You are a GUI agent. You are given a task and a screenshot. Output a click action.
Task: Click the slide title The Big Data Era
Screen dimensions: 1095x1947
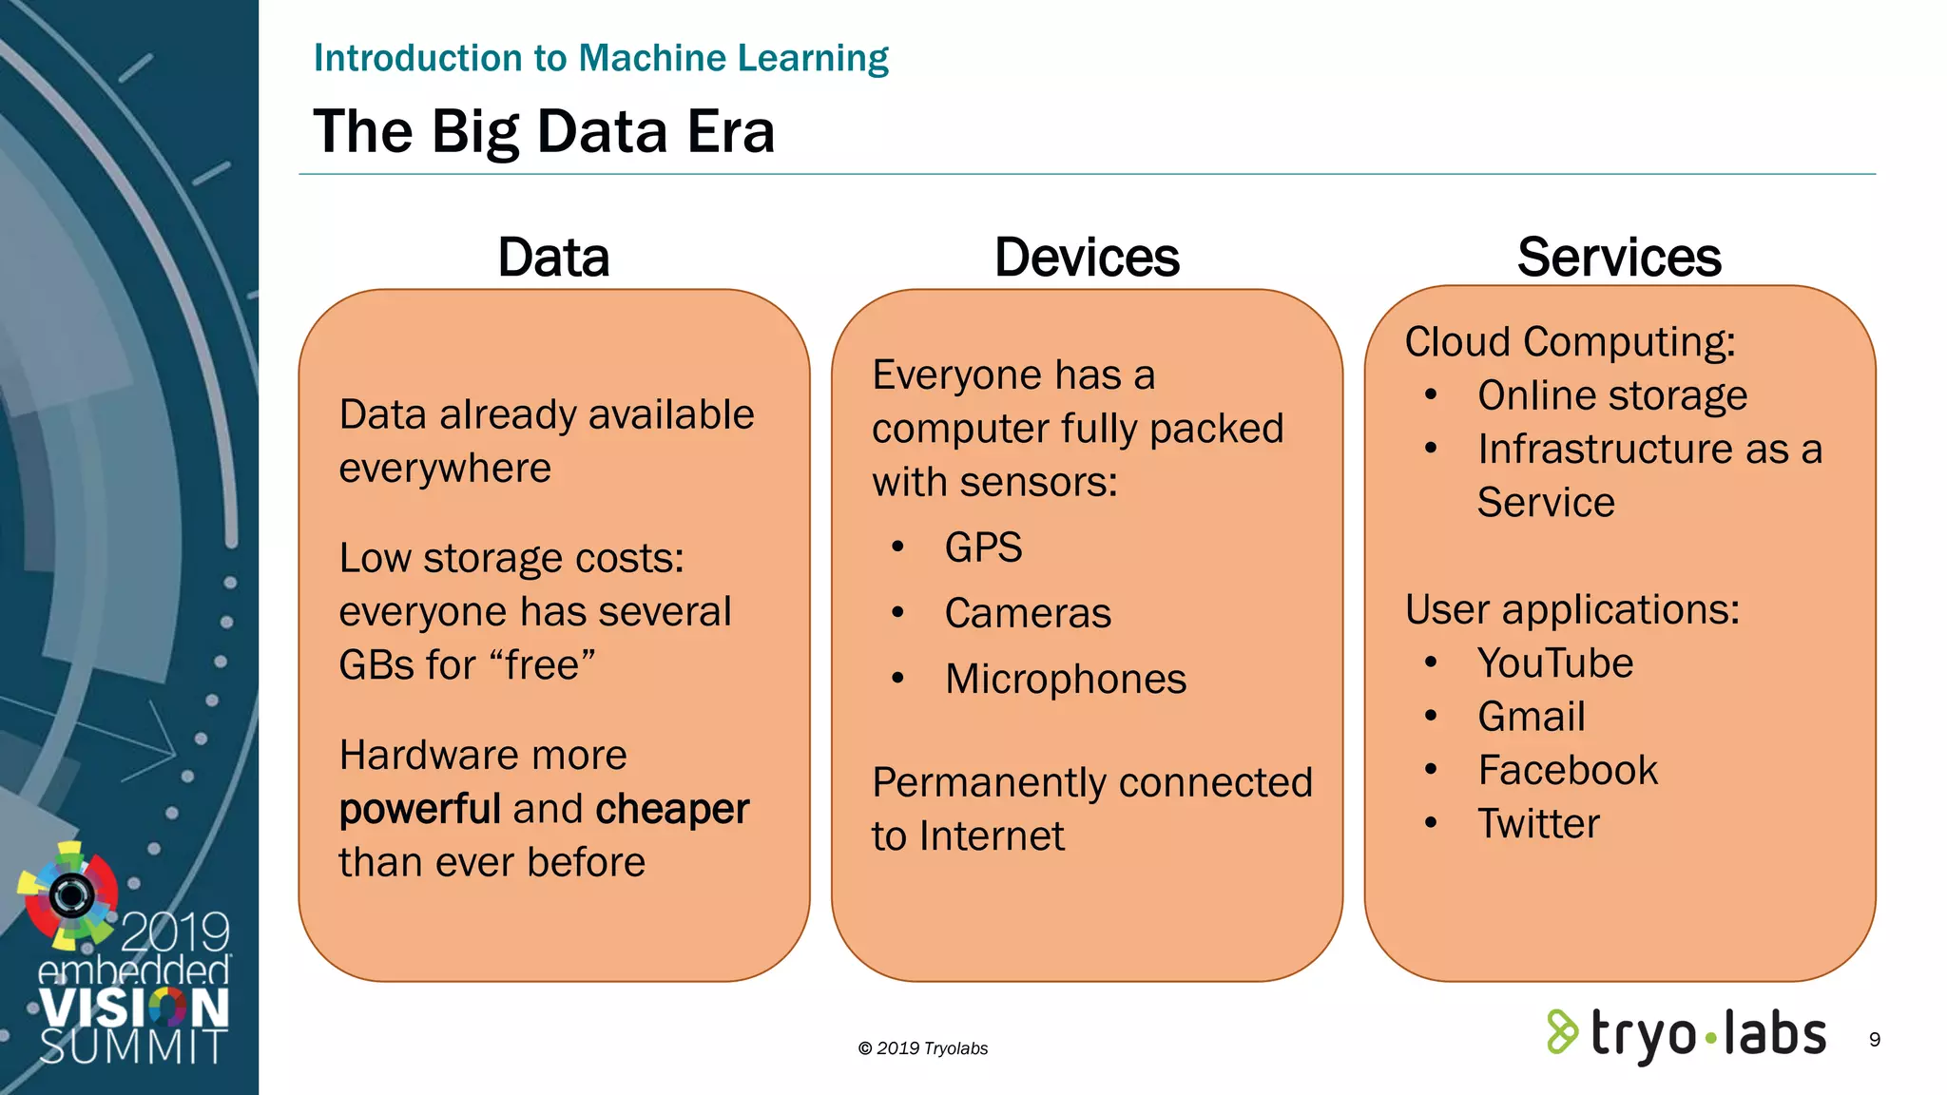click(544, 131)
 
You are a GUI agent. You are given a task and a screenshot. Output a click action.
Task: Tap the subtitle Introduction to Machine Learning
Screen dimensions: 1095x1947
click(601, 58)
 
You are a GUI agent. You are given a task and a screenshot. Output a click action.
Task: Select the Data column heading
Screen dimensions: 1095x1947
click(553, 258)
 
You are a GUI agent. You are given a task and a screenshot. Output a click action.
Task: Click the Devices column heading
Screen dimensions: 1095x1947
click(1087, 258)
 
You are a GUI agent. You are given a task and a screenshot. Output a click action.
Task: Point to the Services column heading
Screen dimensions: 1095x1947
click(1619, 258)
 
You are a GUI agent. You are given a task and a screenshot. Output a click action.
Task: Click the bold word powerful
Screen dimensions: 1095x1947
click(420, 809)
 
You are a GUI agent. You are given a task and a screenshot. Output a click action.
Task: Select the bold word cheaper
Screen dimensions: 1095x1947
click(672, 809)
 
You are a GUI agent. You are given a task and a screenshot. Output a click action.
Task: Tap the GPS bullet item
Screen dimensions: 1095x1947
click(983, 547)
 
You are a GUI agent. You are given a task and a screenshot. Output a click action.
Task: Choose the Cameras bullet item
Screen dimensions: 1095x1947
click(1028, 613)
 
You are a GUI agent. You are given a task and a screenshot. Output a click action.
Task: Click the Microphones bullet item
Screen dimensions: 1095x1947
click(1066, 679)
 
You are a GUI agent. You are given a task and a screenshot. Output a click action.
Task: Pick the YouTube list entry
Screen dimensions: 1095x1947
click(1555, 663)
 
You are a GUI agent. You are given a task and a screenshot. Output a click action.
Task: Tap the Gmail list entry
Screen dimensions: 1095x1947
click(1532, 717)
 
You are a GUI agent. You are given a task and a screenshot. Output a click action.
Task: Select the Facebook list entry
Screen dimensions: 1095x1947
click(1568, 770)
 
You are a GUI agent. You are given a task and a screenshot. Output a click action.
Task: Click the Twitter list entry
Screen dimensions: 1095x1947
click(1538, 823)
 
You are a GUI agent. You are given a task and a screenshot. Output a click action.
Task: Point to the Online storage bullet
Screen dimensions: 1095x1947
click(1612, 395)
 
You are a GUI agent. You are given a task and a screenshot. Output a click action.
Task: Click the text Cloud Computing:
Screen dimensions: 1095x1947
click(1571, 342)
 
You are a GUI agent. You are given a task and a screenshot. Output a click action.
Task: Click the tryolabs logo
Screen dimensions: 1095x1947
click(1687, 1034)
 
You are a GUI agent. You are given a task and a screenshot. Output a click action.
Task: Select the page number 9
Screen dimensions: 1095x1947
click(1875, 1040)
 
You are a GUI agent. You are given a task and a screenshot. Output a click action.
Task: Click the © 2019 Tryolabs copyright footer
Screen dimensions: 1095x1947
click(922, 1048)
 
